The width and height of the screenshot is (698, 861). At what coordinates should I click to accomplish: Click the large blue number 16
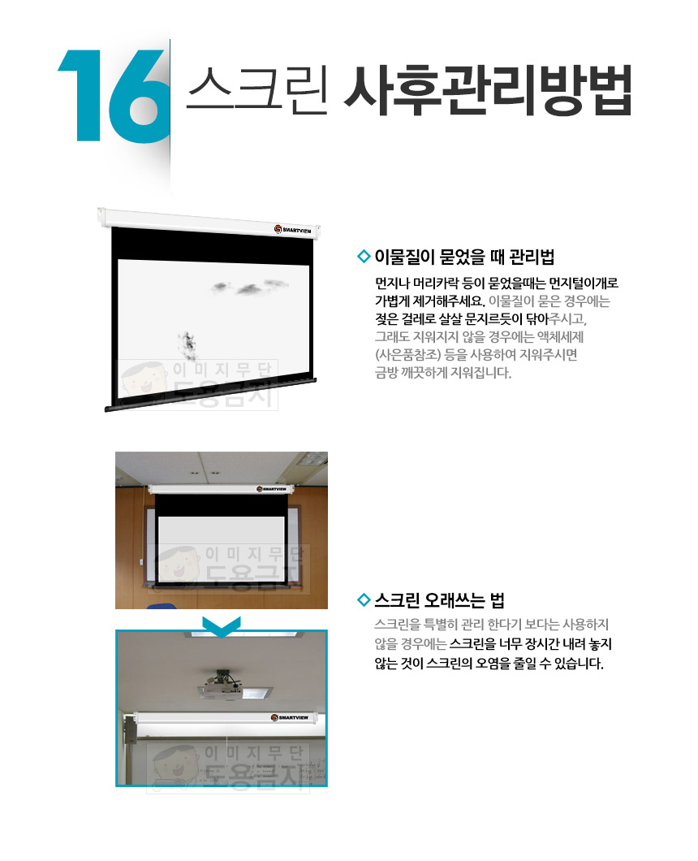point(114,96)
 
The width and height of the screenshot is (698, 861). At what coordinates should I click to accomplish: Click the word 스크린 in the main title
point(256,90)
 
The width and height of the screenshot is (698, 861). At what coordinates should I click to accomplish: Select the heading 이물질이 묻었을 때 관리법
point(464,257)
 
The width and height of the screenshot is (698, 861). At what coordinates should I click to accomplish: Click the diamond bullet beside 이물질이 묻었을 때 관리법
point(364,257)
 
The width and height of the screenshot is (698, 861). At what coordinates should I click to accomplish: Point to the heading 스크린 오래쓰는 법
point(439,600)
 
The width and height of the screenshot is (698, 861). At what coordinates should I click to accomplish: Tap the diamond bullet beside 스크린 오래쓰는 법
point(364,600)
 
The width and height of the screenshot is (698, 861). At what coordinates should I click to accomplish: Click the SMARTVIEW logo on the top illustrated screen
point(293,230)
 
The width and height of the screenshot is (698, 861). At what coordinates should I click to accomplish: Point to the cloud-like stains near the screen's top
point(250,286)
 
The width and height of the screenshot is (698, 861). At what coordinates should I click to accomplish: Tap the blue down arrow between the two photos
point(221,626)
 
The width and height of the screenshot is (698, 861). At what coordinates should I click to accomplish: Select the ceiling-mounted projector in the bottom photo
point(222,686)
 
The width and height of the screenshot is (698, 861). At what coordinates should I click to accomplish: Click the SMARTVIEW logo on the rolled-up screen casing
point(290,718)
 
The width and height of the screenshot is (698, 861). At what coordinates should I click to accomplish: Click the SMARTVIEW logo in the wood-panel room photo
point(272,489)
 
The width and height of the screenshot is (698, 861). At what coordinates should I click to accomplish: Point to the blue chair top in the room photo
point(162,606)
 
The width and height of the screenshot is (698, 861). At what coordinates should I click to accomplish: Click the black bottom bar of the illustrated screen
point(211,394)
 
